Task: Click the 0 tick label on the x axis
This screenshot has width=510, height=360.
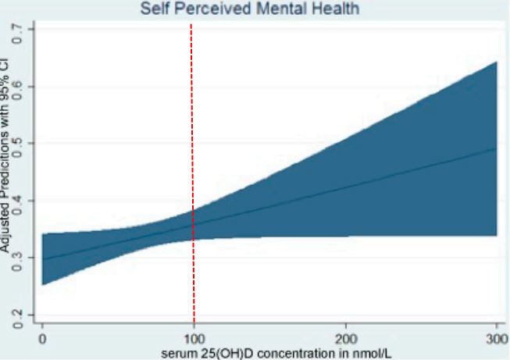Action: (x=41, y=340)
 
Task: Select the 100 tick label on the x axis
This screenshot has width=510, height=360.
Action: (x=192, y=340)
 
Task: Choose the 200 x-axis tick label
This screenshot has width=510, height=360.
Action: (x=345, y=340)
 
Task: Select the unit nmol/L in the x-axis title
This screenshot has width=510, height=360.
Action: (x=368, y=354)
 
